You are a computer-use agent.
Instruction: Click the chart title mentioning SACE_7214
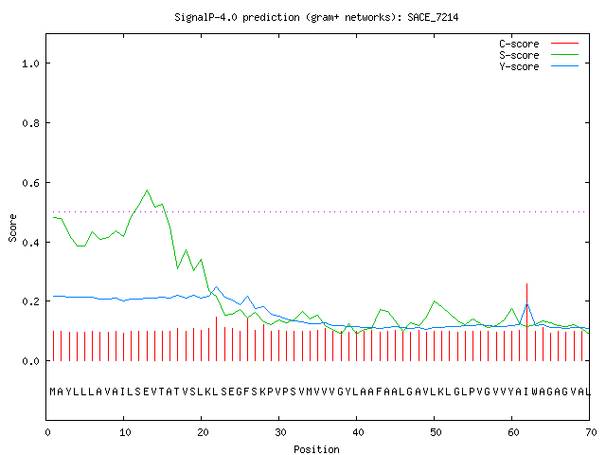[316, 17]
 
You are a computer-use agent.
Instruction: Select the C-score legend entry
[539, 44]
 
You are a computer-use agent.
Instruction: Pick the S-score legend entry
[539, 55]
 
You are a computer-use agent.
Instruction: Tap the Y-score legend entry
[539, 66]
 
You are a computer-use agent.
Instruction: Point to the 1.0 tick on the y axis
[31, 64]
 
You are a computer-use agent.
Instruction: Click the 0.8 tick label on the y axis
[31, 123]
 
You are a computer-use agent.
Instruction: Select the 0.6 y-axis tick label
[31, 183]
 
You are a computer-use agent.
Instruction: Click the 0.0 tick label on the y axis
[31, 361]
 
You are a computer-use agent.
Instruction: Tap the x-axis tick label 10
[124, 432]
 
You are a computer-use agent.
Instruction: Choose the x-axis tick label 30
[279, 432]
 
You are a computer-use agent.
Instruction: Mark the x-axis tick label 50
[435, 432]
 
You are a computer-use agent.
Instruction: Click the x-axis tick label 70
[591, 432]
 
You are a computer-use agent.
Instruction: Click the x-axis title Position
[316, 449]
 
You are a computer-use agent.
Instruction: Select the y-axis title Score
[12, 227]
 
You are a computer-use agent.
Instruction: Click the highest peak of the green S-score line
[147, 191]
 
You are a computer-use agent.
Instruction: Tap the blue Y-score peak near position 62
[526, 303]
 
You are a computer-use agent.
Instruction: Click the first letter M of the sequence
[53, 391]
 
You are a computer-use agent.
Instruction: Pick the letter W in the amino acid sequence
[535, 391]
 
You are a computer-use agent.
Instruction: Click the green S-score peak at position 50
[435, 301]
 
